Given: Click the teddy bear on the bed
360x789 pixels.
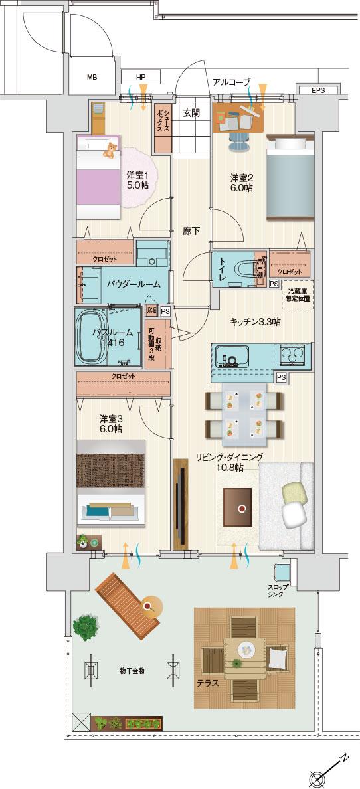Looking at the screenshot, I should pos(108,151).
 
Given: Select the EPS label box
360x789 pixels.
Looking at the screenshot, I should pos(317,90).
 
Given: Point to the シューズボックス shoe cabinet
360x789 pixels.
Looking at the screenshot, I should pos(163,120).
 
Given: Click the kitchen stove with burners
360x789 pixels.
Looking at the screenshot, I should pos(293,356).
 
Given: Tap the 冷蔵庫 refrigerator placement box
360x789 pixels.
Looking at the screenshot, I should pos(298,295).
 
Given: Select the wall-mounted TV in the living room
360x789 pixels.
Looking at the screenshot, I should pos(179,503).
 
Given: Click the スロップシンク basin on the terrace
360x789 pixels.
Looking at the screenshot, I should pos(282,570).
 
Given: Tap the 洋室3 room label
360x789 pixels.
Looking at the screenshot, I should pos(110,424).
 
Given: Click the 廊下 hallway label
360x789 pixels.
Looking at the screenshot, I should pos(191,231).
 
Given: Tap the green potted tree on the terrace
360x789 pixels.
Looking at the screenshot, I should pos(84,628).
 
